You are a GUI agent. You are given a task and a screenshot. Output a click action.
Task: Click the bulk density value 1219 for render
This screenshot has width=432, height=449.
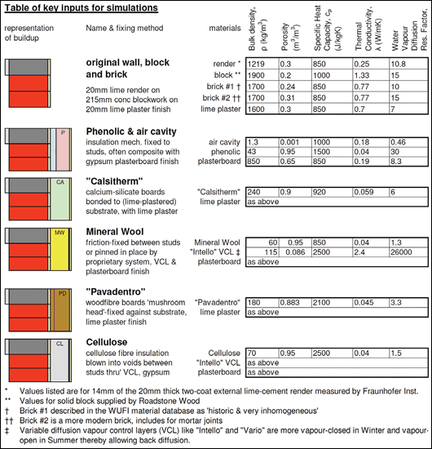pos(257,63)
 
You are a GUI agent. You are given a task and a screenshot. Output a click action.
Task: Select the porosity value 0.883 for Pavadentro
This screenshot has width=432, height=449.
pos(292,303)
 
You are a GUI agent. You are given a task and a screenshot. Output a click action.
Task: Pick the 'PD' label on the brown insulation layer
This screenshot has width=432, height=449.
pos(60,292)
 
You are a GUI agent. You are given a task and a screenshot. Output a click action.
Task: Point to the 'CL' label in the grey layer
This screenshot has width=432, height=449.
pos(60,344)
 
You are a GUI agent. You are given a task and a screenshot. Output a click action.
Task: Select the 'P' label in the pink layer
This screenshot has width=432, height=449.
pos(62,131)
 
